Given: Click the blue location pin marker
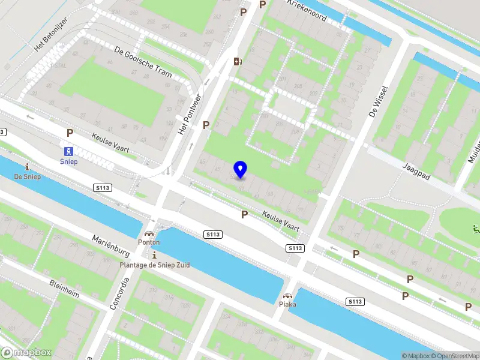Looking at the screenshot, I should point(240,170).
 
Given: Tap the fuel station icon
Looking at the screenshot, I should point(238,61).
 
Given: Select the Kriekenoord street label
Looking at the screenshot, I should point(307,10).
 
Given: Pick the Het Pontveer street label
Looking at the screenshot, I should point(189,113).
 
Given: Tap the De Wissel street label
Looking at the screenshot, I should point(379,102).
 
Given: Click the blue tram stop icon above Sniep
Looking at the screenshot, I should point(69,151).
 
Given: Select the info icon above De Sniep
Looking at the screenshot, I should point(26,167).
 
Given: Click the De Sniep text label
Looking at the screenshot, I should point(26,176).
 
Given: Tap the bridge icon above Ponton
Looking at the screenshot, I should point(148,233).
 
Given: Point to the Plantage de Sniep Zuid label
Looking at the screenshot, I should point(154,265).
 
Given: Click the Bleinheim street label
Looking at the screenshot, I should point(64,287).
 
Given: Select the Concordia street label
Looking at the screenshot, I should point(119,292).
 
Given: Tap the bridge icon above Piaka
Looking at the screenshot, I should point(287,295).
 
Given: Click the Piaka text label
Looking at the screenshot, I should point(287,304).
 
